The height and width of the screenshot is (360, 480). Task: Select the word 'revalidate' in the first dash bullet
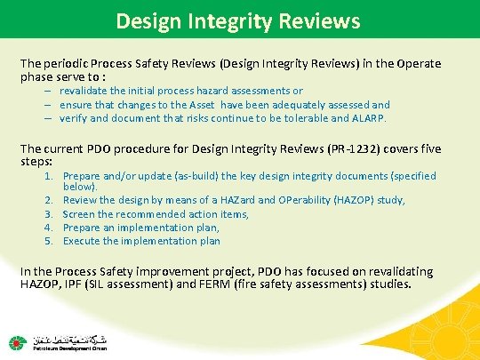(88, 91)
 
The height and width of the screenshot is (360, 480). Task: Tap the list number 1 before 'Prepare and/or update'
(50, 176)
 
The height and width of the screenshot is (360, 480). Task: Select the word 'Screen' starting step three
(79, 214)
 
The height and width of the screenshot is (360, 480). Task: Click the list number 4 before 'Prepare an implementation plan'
(50, 228)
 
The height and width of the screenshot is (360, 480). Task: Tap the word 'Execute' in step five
(82, 241)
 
